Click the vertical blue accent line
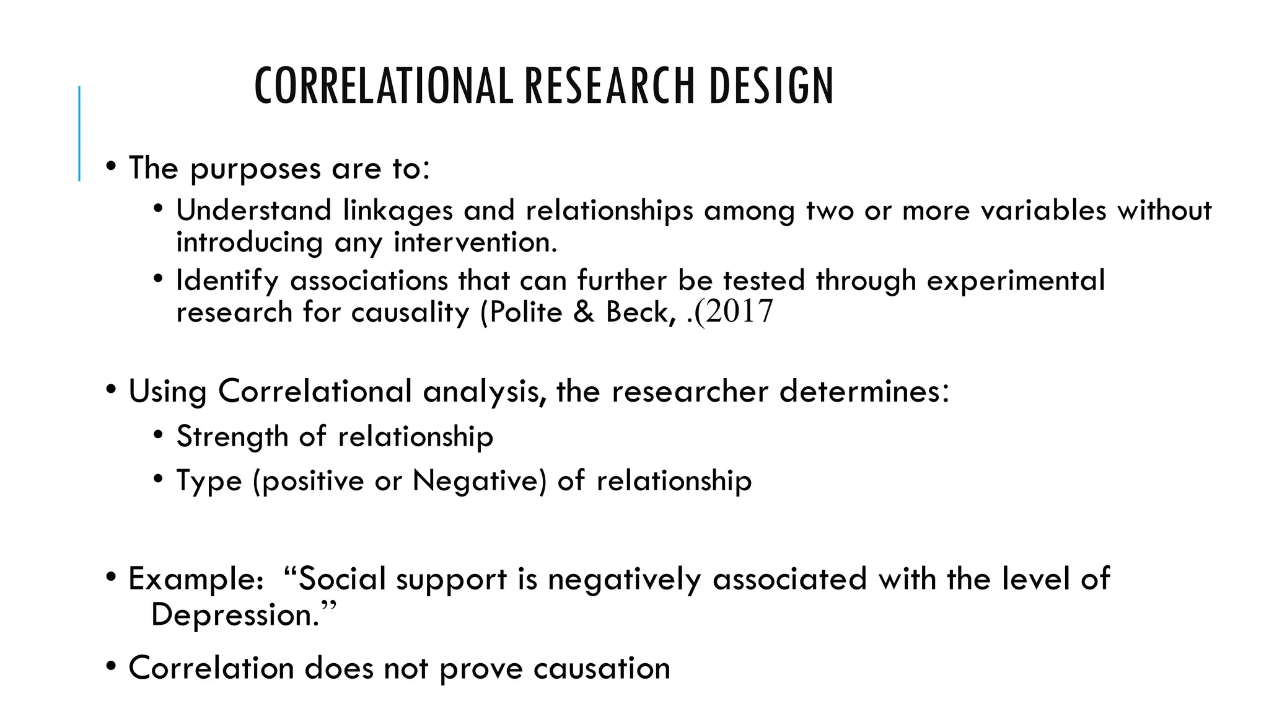[79, 133]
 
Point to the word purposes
[255, 169]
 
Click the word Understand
[253, 210]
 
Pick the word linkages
[398, 211]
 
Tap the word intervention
[475, 242]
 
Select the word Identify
[227, 281]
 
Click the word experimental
[1016, 281]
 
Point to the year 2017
[739, 311]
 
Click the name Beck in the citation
[638, 312]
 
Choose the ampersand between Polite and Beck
[584, 312]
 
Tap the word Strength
[232, 437]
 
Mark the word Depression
[234, 615]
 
